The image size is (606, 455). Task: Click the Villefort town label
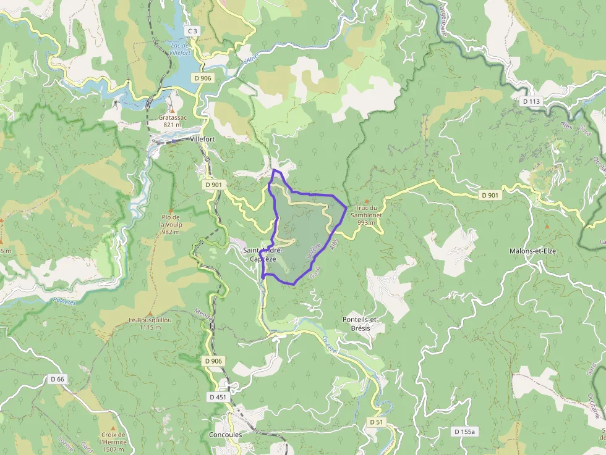[202, 140]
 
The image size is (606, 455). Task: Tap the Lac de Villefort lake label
[179, 49]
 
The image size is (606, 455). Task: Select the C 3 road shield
[192, 30]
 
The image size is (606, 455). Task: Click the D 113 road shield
[531, 101]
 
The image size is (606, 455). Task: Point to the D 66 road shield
[58, 379]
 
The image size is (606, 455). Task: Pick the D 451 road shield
[218, 397]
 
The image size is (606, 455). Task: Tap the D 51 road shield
[377, 421]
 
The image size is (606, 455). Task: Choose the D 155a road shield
[464, 432]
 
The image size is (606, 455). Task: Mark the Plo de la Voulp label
[170, 224]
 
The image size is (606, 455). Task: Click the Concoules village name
[226, 434]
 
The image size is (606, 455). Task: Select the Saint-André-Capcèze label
[262, 254]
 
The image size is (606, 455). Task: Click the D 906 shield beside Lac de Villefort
[202, 78]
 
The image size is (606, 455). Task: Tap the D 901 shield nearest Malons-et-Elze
[490, 195]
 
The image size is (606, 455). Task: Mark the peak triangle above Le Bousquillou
[149, 314]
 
